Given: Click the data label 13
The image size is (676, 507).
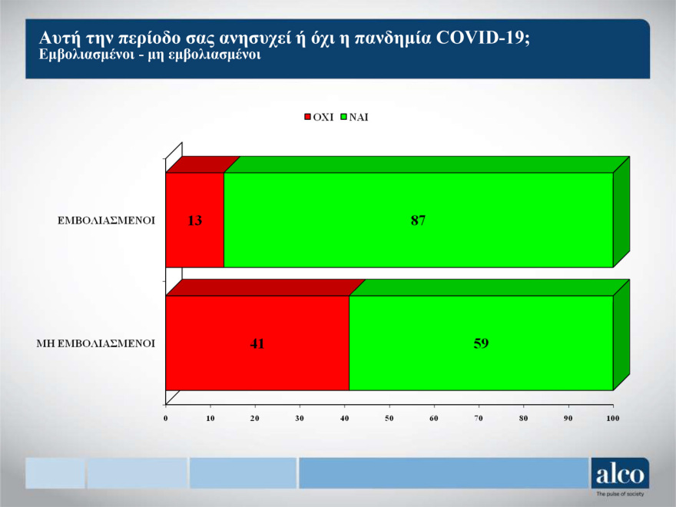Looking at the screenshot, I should point(194,220).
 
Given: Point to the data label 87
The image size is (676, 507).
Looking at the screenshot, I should point(418,220).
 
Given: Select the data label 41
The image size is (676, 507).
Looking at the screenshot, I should point(257,343).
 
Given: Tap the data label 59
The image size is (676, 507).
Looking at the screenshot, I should point(481,343).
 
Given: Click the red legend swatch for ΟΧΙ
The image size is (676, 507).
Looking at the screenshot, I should point(308,118).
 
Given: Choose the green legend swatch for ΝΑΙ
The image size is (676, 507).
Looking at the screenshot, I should point(345,118).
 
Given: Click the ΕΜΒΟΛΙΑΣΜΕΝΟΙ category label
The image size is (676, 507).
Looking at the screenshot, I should point(107,220).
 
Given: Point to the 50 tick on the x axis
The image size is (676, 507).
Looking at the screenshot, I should point(389,418).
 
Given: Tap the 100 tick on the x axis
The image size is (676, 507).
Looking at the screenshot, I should point(612,418).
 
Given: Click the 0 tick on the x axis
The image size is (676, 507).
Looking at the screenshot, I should point(166,418).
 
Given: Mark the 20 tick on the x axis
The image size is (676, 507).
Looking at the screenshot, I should point(255,418).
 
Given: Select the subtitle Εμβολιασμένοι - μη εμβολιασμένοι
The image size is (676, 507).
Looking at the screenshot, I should point(150,56).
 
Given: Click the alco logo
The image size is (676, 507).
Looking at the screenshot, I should point(619,474).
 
